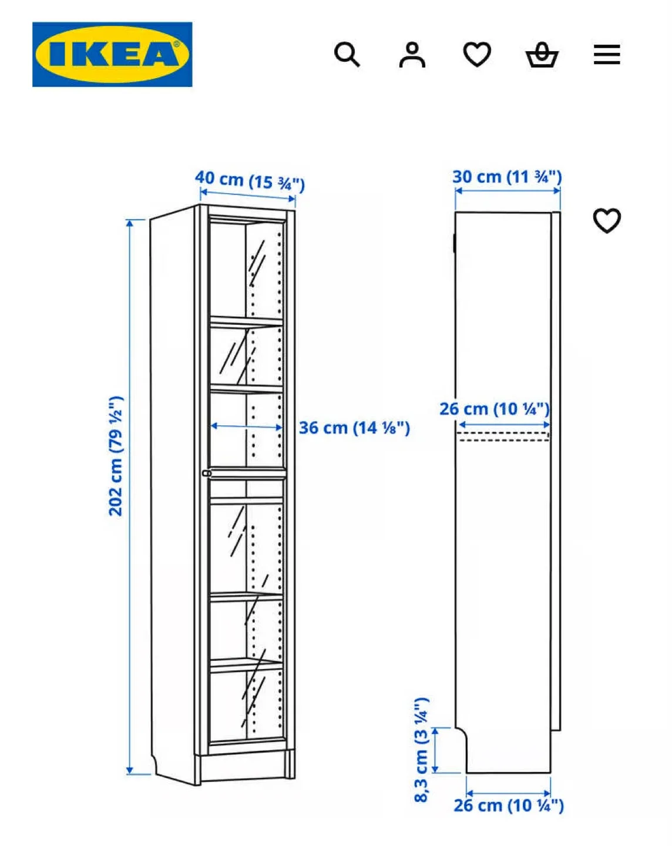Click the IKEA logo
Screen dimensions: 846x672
coord(112,55)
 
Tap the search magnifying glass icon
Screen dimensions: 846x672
coord(347,55)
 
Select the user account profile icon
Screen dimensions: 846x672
coord(412,55)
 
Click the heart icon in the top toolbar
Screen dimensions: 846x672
coord(476,55)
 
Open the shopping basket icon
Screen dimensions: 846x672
coord(541,55)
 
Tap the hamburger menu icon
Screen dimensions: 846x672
coord(606,55)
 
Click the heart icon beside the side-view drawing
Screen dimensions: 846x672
coord(606,220)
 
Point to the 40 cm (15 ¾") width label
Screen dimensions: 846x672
coord(250,180)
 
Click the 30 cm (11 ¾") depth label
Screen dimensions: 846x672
coord(507,176)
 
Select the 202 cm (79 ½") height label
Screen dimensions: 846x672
coord(116,456)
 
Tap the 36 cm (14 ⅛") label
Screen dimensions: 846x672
coord(354,428)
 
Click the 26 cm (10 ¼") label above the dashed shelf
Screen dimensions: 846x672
coord(495,409)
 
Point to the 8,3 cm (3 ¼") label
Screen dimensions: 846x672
coord(421,750)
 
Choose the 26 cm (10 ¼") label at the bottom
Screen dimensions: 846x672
coord(509,805)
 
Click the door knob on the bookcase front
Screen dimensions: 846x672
coord(206,473)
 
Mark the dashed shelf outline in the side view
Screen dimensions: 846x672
coord(503,437)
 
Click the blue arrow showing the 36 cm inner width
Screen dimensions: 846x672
coord(247,427)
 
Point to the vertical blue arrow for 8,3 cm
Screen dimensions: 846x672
coord(435,750)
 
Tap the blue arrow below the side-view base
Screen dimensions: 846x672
coord(508,793)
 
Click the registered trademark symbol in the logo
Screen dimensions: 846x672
coord(176,44)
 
